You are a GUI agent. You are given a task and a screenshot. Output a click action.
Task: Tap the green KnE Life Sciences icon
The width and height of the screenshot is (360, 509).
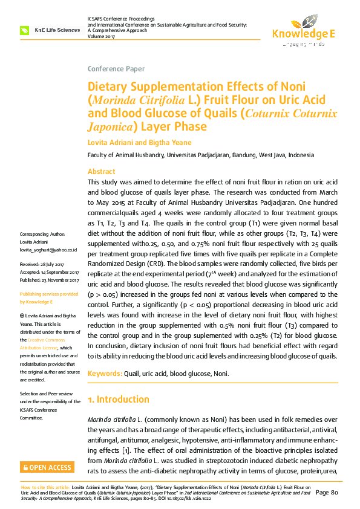(25, 30)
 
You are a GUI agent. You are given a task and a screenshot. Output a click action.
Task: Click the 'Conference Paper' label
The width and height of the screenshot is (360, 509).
(116, 68)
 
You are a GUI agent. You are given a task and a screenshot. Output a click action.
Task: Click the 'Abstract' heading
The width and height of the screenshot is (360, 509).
(101, 172)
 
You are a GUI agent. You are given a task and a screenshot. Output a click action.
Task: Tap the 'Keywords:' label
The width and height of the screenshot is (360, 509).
(105, 374)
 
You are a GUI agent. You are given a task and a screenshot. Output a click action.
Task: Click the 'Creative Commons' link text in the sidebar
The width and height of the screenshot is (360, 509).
(54, 340)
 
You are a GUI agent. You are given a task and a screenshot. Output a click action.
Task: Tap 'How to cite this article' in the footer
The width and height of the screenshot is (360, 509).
(45, 487)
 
